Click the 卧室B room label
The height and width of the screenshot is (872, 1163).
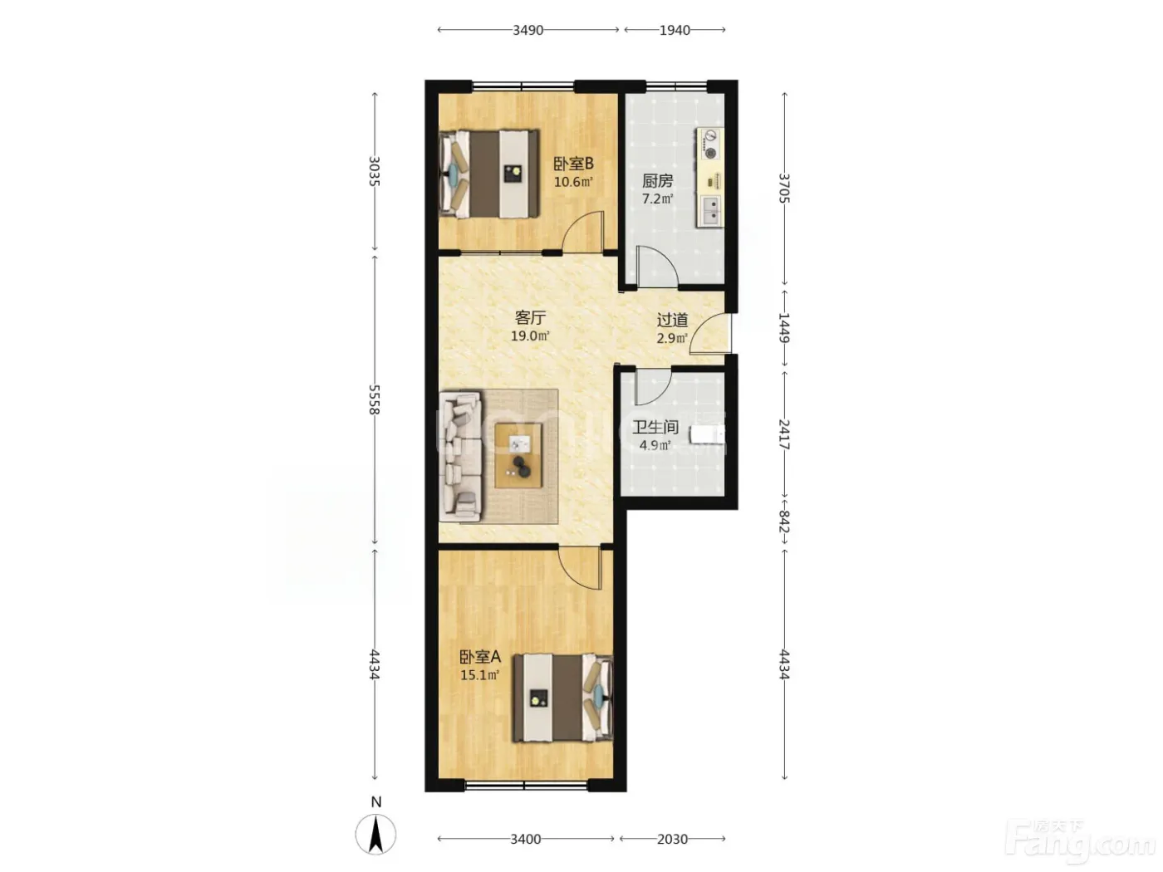click(x=573, y=164)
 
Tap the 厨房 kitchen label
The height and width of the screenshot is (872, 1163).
click(x=658, y=181)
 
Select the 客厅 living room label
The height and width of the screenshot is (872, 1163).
click(x=530, y=318)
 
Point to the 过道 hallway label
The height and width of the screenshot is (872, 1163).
click(x=672, y=320)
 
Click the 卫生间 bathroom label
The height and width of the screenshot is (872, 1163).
click(x=655, y=427)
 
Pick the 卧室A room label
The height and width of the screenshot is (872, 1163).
click(x=480, y=657)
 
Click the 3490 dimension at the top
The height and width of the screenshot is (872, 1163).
click(x=528, y=30)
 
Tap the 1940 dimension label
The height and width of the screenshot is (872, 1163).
click(x=675, y=30)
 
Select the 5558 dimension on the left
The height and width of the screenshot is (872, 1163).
click(x=375, y=399)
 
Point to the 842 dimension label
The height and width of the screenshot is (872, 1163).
click(x=785, y=522)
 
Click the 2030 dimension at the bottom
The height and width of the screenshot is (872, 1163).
click(x=672, y=839)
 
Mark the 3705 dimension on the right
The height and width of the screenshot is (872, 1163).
click(x=785, y=188)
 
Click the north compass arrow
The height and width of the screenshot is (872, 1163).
click(x=375, y=835)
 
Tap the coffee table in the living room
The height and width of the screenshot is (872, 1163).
click(x=518, y=457)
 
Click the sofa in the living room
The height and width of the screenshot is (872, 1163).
click(x=460, y=457)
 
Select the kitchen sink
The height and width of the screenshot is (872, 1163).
click(x=711, y=210)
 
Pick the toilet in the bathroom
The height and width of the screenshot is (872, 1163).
click(x=707, y=434)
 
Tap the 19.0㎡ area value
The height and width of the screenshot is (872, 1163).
click(x=530, y=336)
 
